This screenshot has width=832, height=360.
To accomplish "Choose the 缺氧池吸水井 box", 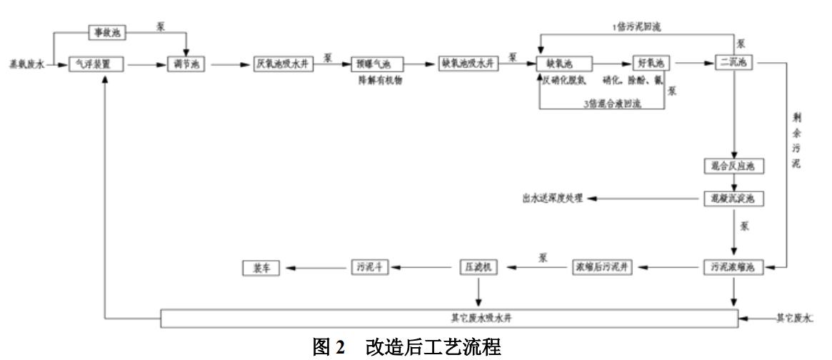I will pos(466,64).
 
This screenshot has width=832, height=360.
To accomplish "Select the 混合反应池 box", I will pos(735,167).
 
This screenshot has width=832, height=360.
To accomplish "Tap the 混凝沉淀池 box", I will pos(735,199).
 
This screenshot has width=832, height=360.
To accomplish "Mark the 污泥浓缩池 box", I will pos(735,268).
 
